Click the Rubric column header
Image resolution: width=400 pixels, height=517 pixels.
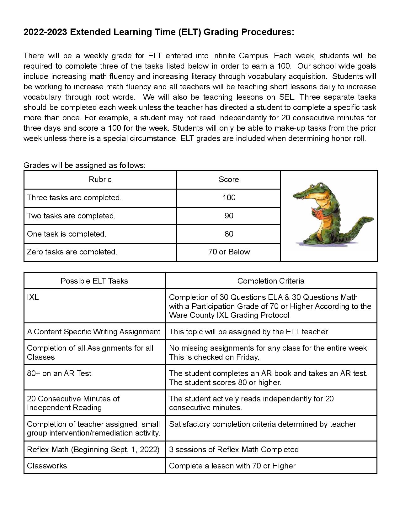(x=100, y=180)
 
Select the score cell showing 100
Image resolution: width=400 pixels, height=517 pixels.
(x=229, y=198)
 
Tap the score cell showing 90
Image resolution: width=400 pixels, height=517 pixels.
(x=229, y=216)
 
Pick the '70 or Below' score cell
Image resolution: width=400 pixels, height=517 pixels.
(x=229, y=252)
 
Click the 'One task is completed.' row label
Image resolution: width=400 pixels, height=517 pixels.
(x=67, y=234)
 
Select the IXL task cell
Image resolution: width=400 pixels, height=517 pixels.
(x=33, y=297)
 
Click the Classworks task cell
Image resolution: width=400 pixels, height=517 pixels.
(x=47, y=466)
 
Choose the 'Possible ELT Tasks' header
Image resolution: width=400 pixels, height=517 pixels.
(x=94, y=281)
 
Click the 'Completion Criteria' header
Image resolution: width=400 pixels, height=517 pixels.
(x=271, y=281)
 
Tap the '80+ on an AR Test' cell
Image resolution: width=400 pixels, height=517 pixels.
(x=59, y=373)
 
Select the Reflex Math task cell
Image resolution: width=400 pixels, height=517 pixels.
(x=93, y=450)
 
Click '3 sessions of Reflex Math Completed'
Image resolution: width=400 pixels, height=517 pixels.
(x=234, y=450)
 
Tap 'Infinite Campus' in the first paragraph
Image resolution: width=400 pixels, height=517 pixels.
(x=240, y=56)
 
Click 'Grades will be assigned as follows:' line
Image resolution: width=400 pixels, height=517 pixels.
(x=84, y=165)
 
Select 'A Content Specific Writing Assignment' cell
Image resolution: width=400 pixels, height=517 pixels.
(x=93, y=332)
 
